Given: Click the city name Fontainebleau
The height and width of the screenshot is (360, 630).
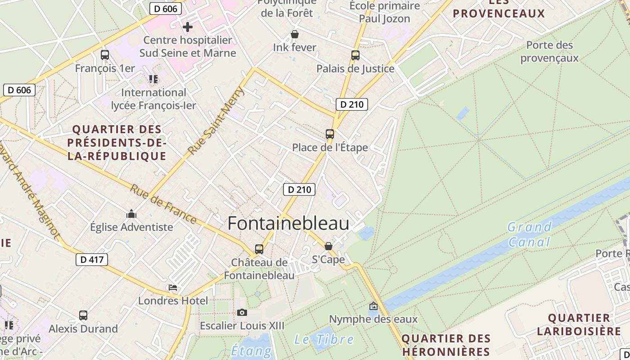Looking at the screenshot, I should tap(288, 224).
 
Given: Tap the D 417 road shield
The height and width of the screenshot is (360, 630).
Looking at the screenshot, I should tap(91, 259).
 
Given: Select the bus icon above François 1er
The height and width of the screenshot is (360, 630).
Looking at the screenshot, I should tap(105, 55).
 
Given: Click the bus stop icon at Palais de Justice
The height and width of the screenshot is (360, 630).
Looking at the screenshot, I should tap(355, 55).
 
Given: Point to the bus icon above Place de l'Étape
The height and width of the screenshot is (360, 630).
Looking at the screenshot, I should tap(330, 134).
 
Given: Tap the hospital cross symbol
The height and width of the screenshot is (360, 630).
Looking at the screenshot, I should tap(188, 27).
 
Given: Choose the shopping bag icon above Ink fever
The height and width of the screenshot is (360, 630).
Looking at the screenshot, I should tap(295, 34).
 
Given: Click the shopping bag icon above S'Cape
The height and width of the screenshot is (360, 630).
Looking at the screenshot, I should tap(328, 246).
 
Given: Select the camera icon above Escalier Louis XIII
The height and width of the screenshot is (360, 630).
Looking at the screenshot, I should tap(242, 312).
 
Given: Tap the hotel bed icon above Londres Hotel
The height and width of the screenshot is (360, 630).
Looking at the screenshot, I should tap(173, 288).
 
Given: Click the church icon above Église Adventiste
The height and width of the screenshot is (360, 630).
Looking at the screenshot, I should tap(131, 214).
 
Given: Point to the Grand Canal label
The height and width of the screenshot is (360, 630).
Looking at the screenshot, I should tap(529, 234).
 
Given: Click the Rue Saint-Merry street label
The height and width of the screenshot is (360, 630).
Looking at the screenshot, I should tap(216, 121).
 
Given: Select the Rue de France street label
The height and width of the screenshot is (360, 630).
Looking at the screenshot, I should tap(163, 204).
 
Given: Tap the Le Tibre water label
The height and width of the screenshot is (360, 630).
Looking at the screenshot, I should tap(324, 339).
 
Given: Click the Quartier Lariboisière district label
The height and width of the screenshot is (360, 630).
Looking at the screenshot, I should tap(579, 324).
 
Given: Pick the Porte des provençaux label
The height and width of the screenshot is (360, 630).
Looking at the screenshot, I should tap(549, 51).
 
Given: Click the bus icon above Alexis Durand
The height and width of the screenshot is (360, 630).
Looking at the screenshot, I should tap(83, 315).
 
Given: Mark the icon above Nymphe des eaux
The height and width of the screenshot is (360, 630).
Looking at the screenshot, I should tap(373, 306).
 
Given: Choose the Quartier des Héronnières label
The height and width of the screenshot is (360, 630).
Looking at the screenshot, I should tap(446, 345).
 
